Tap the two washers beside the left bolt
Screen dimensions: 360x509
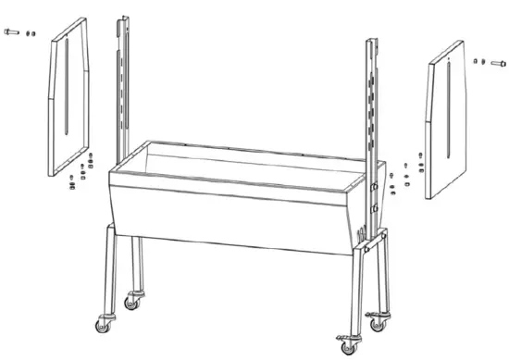tap(30, 33)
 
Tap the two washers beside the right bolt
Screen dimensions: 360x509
tap(478, 62)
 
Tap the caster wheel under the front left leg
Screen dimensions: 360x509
tap(100, 324)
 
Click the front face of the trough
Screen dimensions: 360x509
tap(231, 208)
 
